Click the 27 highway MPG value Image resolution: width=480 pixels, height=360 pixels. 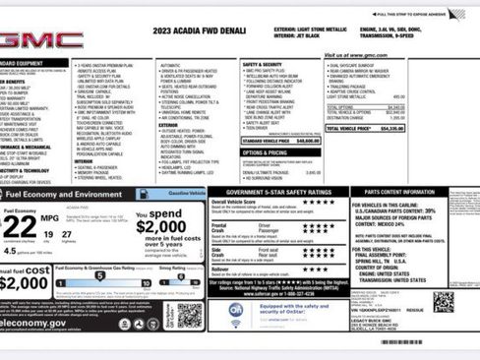coord(67,236)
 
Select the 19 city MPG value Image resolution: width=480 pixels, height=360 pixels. coord(48,236)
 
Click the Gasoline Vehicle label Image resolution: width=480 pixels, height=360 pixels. coord(182,195)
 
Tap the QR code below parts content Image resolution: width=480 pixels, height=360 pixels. coord(443,301)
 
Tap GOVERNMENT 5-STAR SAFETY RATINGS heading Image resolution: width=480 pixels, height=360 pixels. coord(279,192)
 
